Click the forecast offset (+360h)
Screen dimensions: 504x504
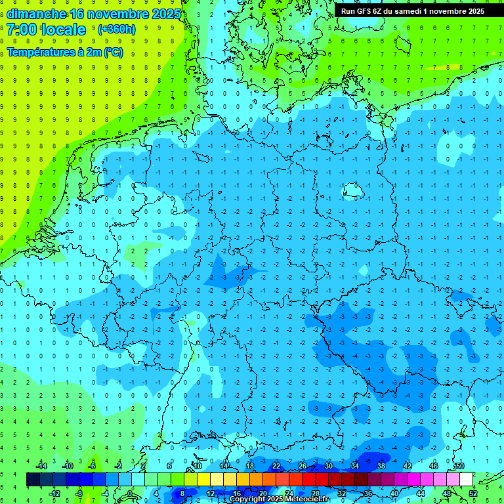point(116,30)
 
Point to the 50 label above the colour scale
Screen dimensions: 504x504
point(459,466)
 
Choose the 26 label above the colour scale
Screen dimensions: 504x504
point(303,466)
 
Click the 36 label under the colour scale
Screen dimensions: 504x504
point(368,493)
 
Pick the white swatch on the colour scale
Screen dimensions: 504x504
point(467,480)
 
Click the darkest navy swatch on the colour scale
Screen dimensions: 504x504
point(33,480)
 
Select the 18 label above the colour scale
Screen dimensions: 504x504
point(250,466)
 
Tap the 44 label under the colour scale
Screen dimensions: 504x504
point(421,493)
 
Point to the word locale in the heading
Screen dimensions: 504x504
point(63,30)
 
